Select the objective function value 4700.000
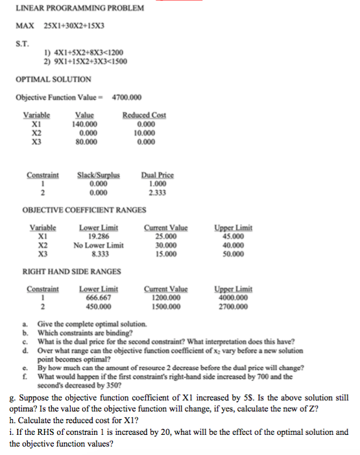pos(126,97)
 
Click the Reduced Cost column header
pos(144,115)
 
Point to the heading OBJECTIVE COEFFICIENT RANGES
pos(84,210)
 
